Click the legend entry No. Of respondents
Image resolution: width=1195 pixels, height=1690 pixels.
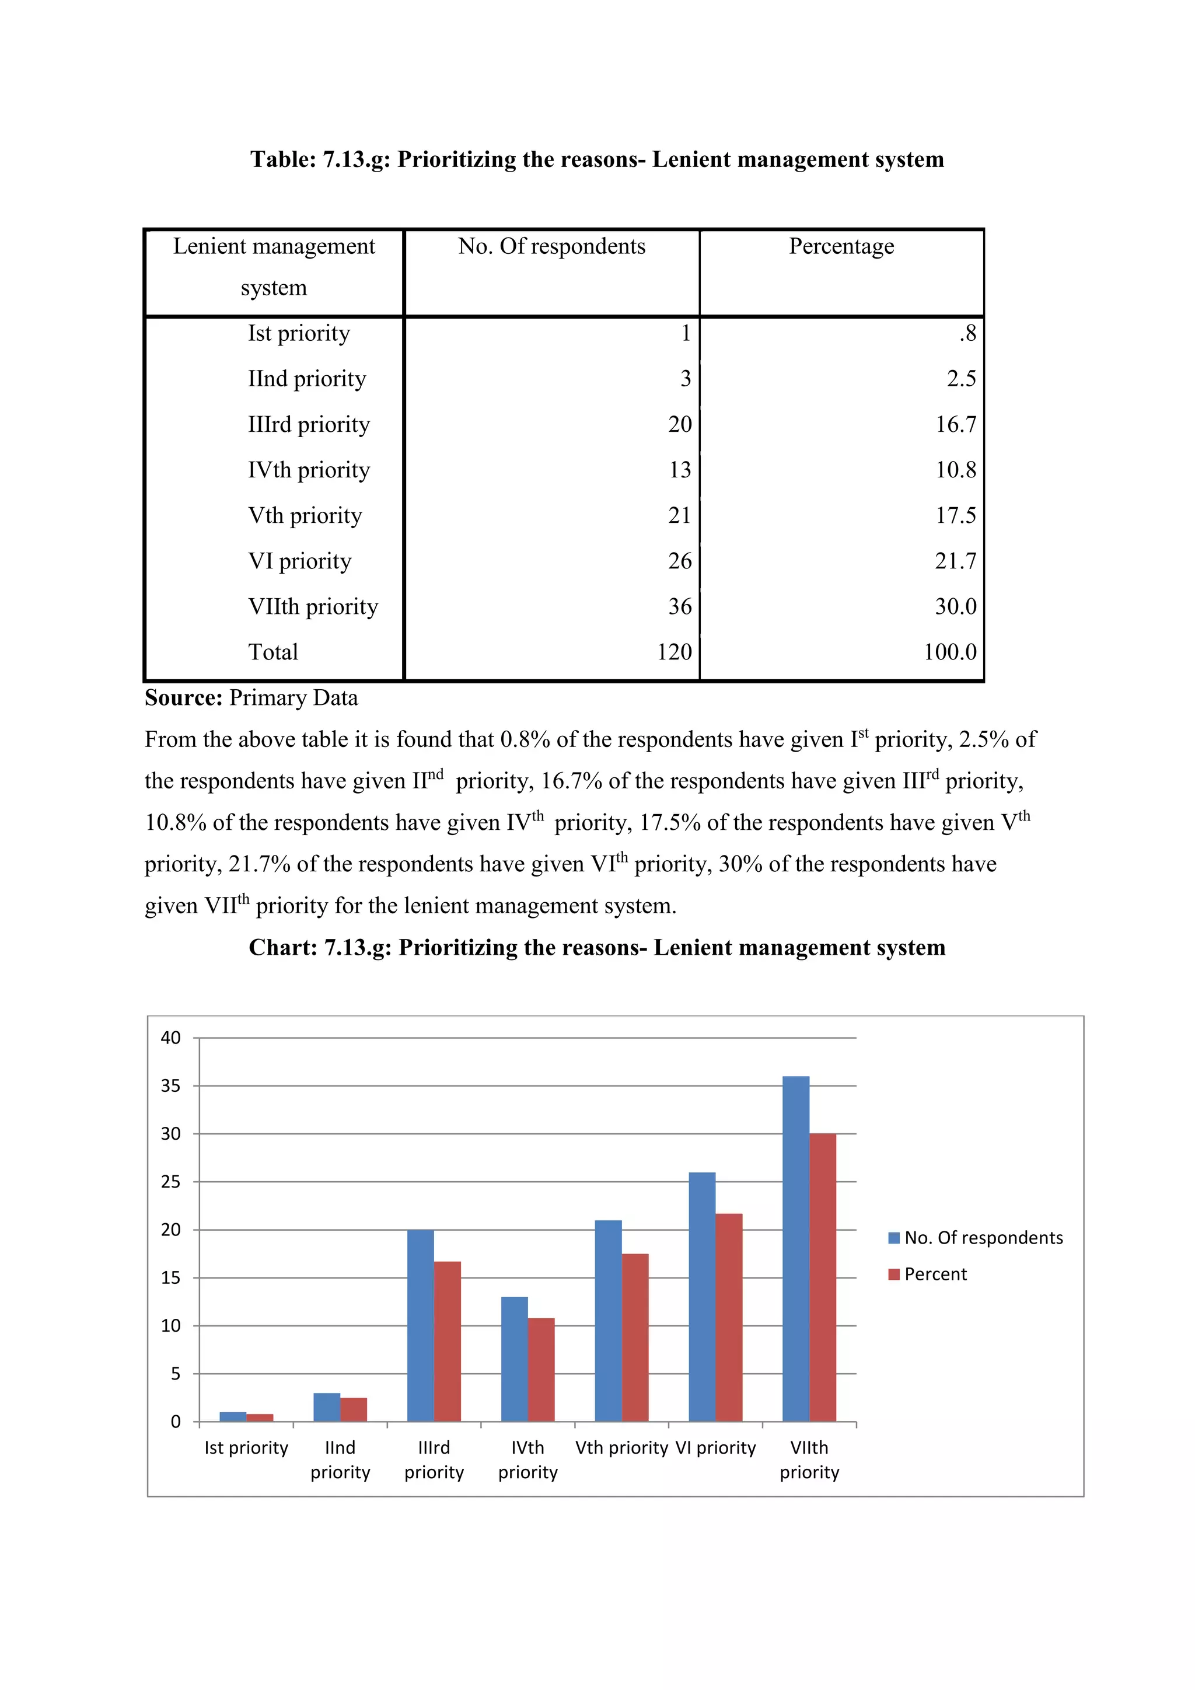click(975, 1238)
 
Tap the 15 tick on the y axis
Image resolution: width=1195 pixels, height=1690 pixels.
click(171, 1278)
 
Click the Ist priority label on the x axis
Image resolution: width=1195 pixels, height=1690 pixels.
click(246, 1448)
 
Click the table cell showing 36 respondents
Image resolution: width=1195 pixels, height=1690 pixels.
click(679, 606)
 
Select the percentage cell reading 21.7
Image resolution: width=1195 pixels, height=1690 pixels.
click(955, 561)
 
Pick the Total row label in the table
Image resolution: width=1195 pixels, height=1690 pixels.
click(273, 652)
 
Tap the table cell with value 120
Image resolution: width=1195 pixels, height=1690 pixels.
click(674, 652)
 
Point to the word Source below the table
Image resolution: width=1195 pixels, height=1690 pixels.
click(183, 698)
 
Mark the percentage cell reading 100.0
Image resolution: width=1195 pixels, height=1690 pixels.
click(949, 652)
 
